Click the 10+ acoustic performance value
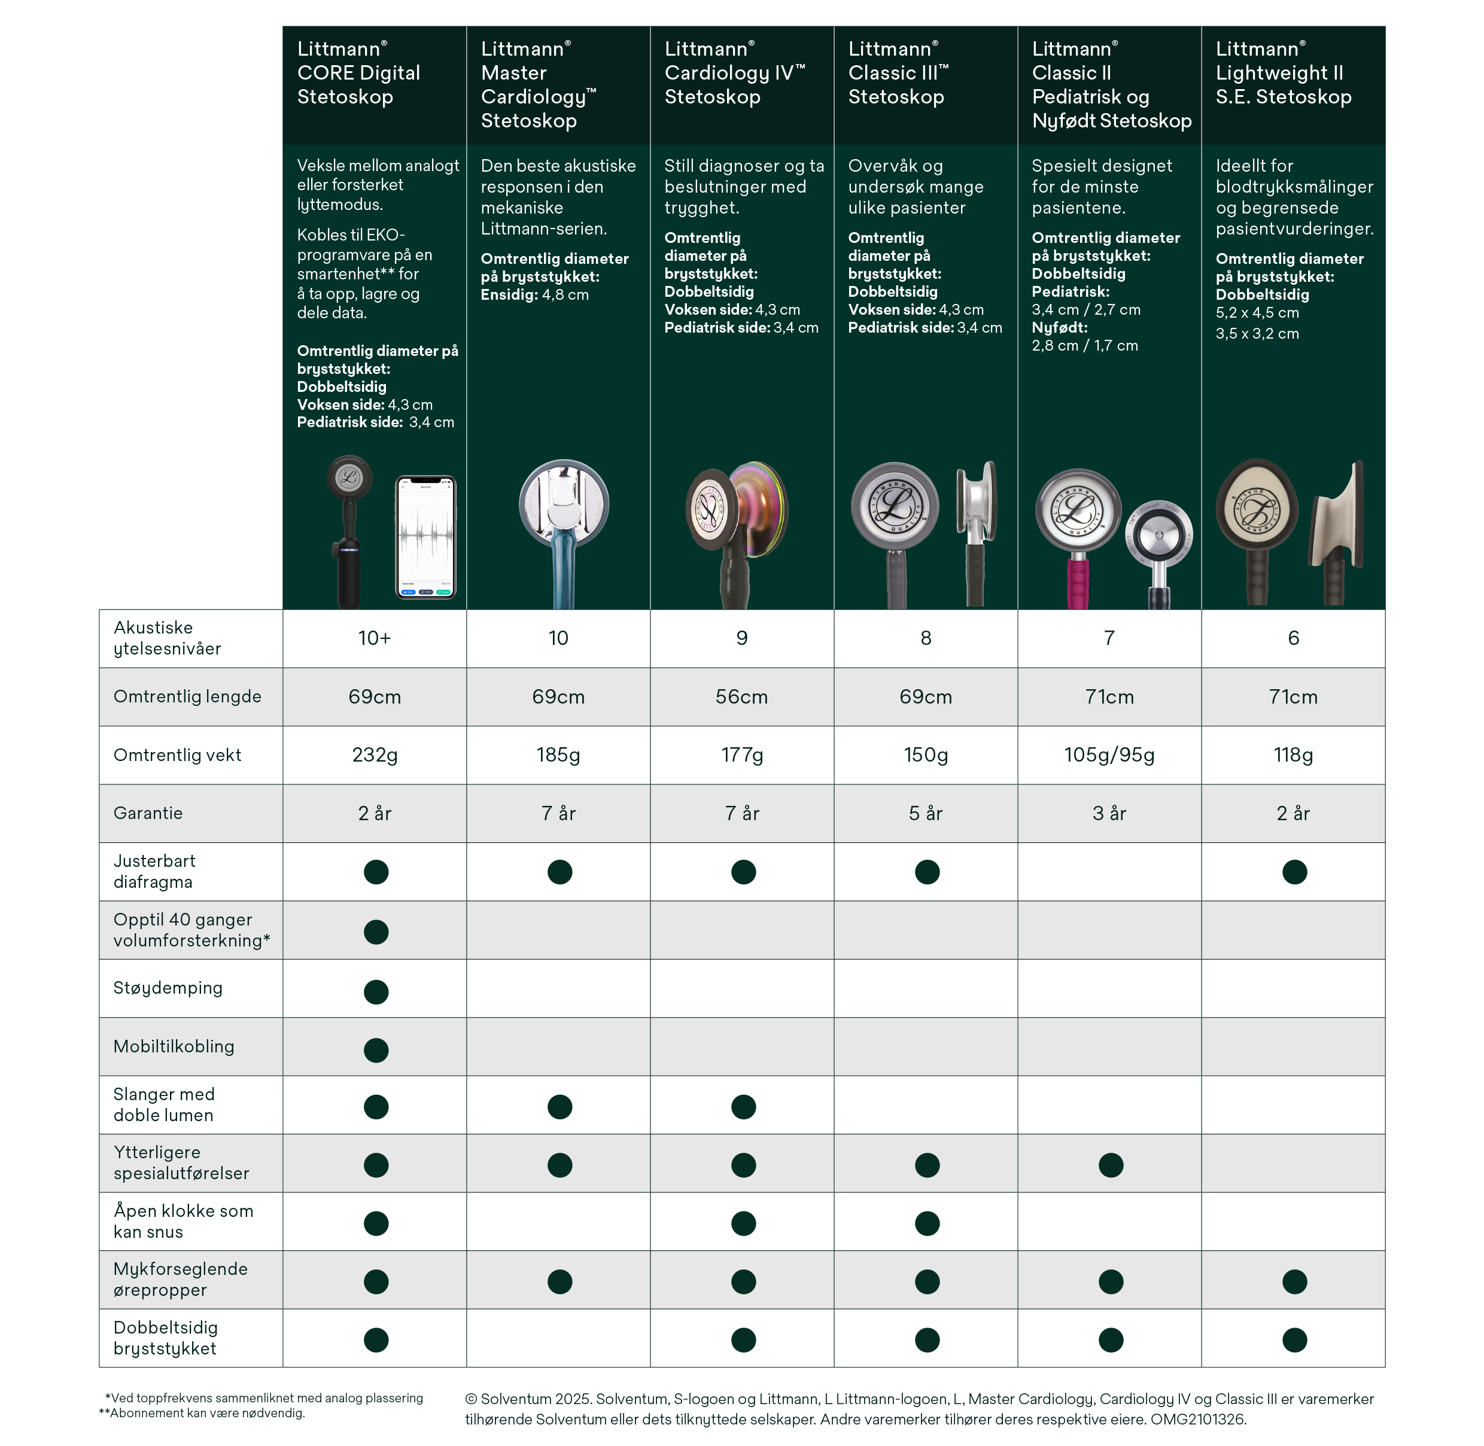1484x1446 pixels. pyautogui.click(x=375, y=638)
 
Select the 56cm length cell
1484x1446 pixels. pyautogui.click(x=741, y=696)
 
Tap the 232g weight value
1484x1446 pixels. pyautogui.click(x=375, y=755)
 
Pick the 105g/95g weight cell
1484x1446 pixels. pyautogui.click(x=1109, y=755)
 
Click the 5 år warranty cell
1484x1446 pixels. pyautogui.click(x=925, y=814)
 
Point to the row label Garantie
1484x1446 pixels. pyautogui.click(x=148, y=814)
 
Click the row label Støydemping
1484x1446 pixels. pyautogui.click(x=168, y=988)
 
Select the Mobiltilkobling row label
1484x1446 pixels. pyautogui.click(x=174, y=1046)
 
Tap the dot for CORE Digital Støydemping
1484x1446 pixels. pyautogui.click(x=376, y=991)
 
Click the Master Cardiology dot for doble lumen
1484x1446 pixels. pyautogui.click(x=559, y=1107)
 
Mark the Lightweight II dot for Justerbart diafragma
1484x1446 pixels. pyautogui.click(x=1294, y=872)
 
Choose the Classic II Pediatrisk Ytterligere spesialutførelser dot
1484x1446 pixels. pyautogui.click(x=1111, y=1165)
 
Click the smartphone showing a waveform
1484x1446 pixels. pyautogui.click(x=426, y=536)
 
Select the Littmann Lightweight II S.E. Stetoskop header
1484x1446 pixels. pyautogui.click(x=1283, y=73)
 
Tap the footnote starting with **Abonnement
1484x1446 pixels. pyautogui.click(x=202, y=1413)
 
